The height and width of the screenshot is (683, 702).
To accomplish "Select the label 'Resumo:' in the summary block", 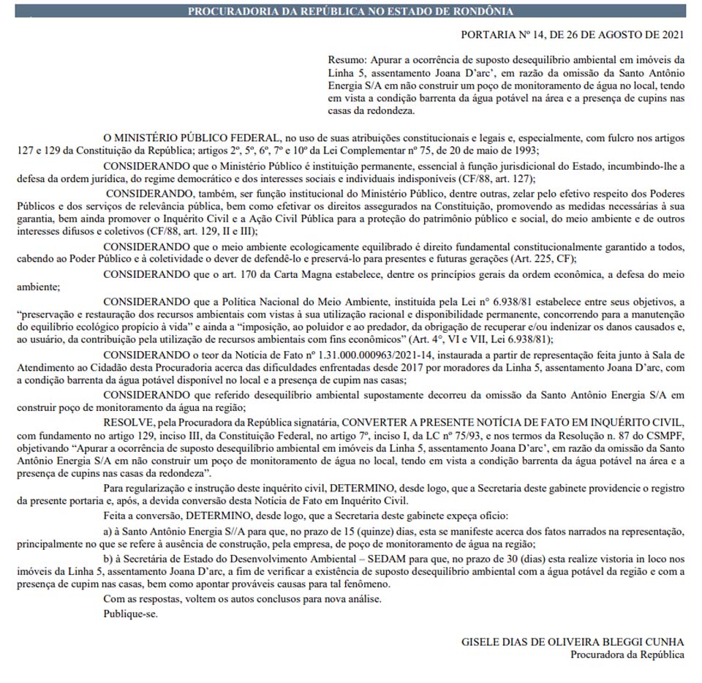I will coord(346,59).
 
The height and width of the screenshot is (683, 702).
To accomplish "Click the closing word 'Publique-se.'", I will coord(130,613).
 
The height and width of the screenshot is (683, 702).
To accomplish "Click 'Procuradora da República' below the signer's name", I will coord(627,654).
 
